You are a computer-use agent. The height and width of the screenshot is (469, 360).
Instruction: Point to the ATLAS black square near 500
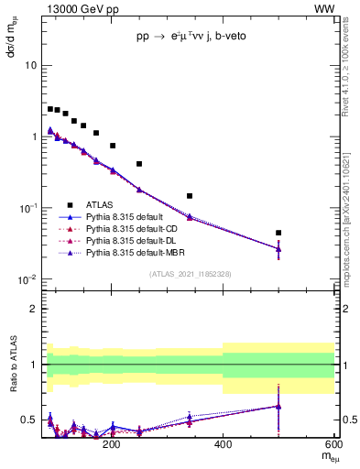278,233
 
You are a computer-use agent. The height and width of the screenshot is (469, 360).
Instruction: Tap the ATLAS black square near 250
139,164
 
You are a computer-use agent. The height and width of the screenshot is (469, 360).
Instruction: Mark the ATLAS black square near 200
113,146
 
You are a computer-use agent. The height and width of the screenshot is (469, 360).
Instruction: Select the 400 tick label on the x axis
223,445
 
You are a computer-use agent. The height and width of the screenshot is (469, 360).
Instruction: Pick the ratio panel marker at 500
278,406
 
